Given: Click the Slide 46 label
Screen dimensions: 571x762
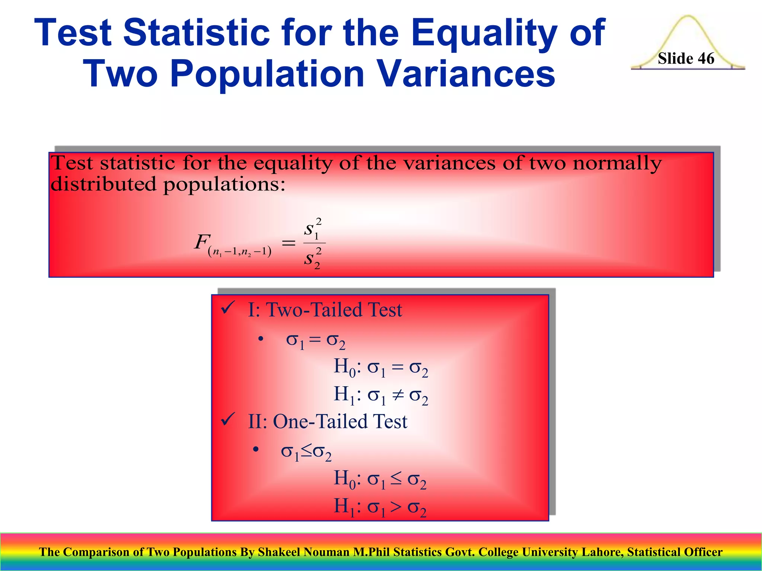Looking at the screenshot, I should [x=686, y=59].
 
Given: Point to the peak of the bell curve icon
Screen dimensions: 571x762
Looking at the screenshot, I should [x=688, y=17].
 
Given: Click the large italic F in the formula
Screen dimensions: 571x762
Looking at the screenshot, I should [x=202, y=242].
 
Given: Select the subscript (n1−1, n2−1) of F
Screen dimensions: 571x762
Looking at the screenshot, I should [x=240, y=252].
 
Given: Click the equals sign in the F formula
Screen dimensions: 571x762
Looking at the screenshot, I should [x=288, y=243].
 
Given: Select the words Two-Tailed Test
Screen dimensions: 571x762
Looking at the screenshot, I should [x=334, y=310].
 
